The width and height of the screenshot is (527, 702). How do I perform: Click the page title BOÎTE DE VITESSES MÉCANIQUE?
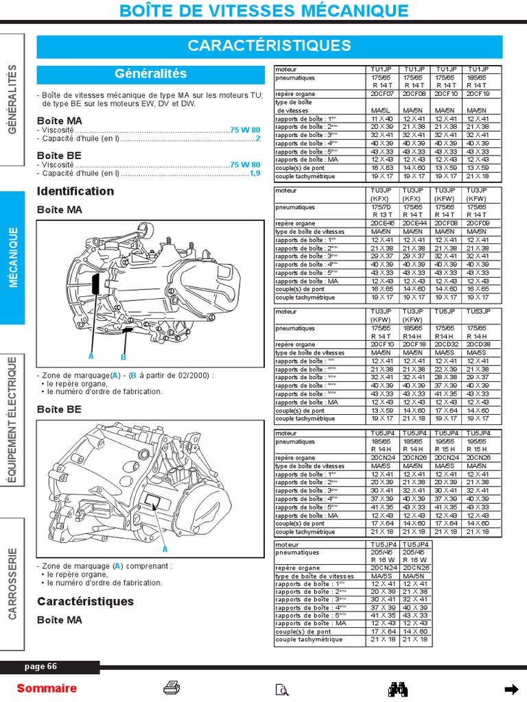coord(263,10)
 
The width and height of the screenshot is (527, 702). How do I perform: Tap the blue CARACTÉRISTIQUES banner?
coord(269,46)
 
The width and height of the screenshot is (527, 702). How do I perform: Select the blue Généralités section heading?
coord(150,73)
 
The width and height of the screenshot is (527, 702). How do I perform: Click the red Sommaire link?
coord(47,688)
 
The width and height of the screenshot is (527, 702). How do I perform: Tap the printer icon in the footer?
coord(172,688)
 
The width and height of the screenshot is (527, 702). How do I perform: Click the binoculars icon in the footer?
coord(399,688)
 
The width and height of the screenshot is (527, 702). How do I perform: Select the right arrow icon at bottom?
coord(511,688)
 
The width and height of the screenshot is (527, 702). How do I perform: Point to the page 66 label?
coord(40,666)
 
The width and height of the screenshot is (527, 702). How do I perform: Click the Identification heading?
coord(75,191)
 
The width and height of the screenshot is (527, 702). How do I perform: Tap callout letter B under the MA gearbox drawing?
coord(124,357)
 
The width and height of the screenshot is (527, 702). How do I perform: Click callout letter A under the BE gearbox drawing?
coord(165,549)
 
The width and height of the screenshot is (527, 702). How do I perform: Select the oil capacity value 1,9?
coord(255,173)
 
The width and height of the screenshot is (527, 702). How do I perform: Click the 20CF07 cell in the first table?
coord(382,94)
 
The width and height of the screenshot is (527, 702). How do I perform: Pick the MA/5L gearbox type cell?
coord(382,110)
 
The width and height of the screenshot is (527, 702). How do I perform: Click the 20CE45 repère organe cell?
coord(382,223)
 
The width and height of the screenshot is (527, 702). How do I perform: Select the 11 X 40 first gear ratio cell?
coord(382,119)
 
